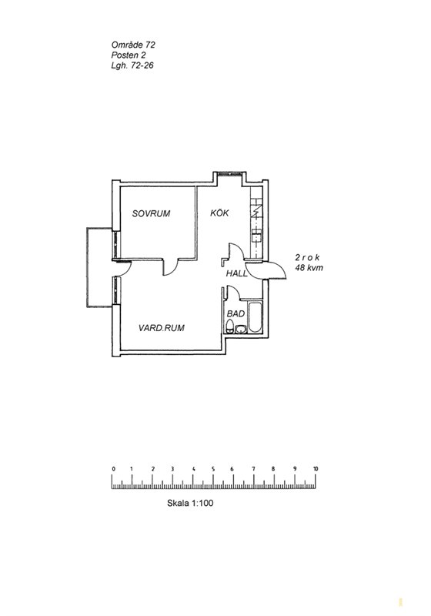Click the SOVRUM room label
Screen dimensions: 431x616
click(x=151, y=214)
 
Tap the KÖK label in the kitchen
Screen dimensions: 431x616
click(x=219, y=213)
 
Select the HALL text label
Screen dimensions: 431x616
click(x=237, y=273)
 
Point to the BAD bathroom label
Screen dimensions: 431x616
click(x=236, y=314)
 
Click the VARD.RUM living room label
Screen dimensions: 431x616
click(x=162, y=328)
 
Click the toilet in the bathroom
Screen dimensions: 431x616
click(x=230, y=326)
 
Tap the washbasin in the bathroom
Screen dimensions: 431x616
click(x=240, y=329)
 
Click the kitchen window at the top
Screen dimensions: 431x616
click(x=229, y=173)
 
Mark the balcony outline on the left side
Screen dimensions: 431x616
click(x=87, y=267)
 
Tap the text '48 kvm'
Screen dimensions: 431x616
click(x=309, y=268)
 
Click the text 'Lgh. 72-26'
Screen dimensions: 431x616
click(x=132, y=65)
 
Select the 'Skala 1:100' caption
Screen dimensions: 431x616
click(x=190, y=503)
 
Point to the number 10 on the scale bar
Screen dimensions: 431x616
click(x=316, y=469)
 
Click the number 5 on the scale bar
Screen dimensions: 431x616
click(x=213, y=469)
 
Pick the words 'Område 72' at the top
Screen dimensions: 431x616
click(x=133, y=45)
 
